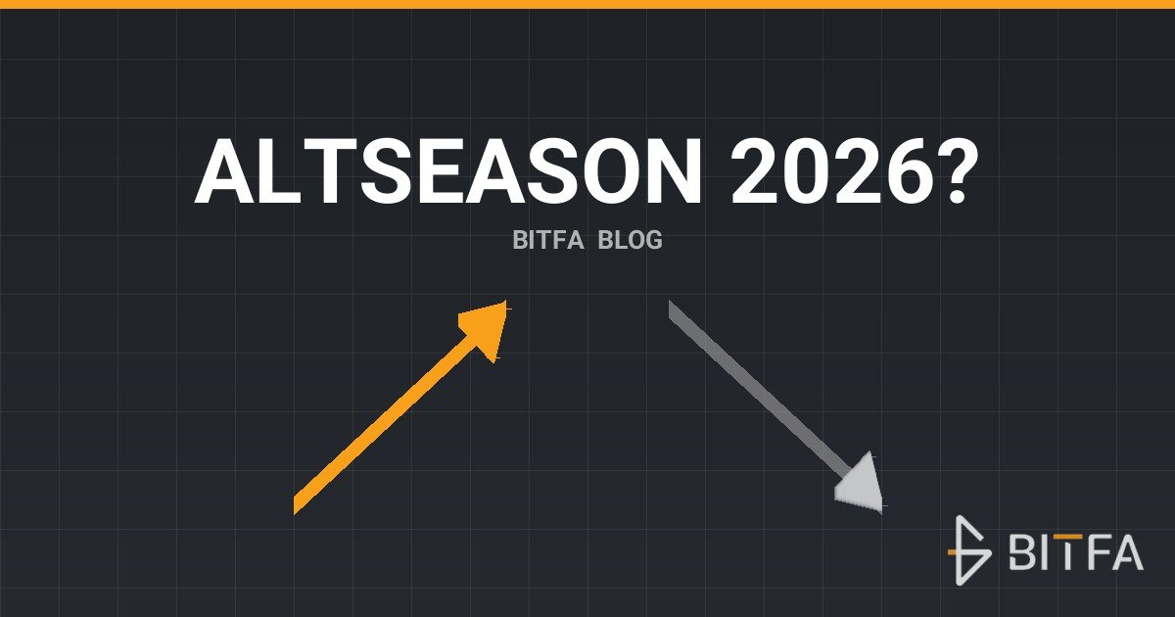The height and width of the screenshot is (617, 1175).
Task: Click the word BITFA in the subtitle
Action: (547, 240)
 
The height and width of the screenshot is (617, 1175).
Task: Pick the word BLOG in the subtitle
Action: (630, 240)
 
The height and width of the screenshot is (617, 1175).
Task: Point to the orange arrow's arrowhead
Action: (486, 329)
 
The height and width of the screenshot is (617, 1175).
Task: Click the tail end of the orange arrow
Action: (295, 504)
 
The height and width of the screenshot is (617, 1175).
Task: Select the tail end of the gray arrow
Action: (670, 308)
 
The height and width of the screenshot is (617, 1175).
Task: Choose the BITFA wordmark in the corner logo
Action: (1076, 551)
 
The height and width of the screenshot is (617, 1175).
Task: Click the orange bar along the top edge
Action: (587, 4)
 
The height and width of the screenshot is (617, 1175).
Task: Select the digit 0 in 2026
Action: (804, 171)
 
